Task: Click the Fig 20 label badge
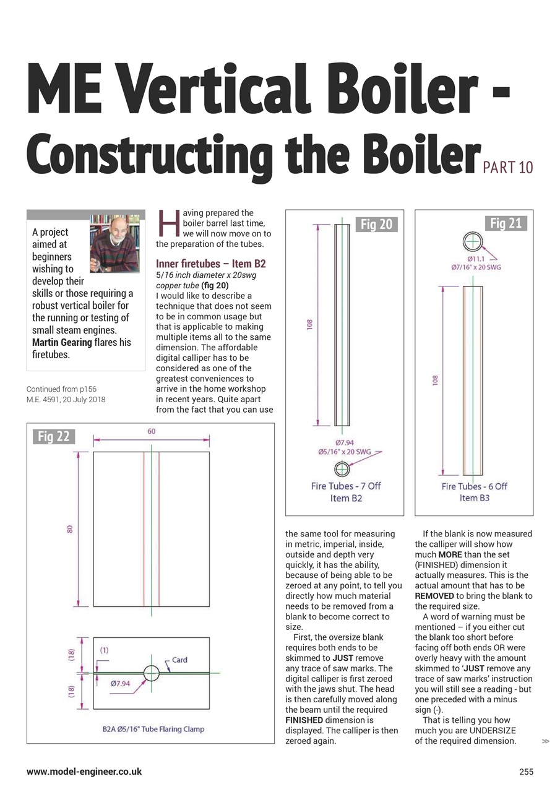(x=377, y=225)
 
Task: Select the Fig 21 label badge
(x=506, y=223)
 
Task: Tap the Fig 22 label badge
(x=54, y=436)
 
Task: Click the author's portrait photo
(x=114, y=244)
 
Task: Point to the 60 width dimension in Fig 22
(x=151, y=431)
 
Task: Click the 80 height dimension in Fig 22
(x=70, y=529)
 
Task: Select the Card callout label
(x=179, y=660)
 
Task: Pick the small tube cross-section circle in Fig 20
(x=342, y=468)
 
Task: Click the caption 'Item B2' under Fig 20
(x=346, y=497)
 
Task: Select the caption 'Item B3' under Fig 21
(x=473, y=497)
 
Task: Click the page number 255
(x=525, y=772)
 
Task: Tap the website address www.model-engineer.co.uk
(x=84, y=772)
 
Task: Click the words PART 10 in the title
(x=507, y=167)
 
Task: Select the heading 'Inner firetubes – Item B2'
(x=211, y=264)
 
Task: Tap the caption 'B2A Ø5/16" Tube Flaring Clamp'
(x=153, y=729)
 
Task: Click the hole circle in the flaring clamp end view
(x=151, y=672)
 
